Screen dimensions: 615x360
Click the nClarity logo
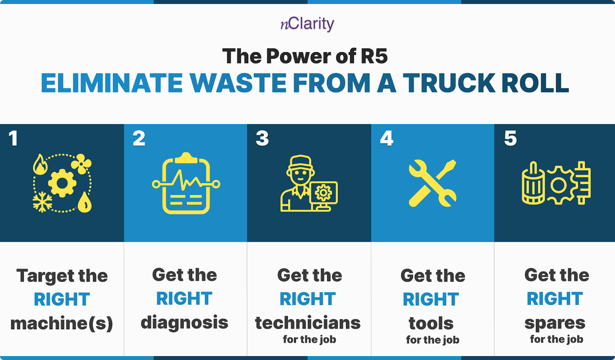coord(307,24)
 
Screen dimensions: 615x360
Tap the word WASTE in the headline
coord(238,83)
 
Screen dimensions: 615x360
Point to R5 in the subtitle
coord(374,56)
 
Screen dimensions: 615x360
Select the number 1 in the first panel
coord(13,139)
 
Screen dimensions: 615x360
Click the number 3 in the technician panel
coord(262,139)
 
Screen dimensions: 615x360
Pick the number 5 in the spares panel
coord(510,139)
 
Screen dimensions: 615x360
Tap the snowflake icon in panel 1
coord(42,202)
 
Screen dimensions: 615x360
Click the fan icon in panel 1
coord(81,164)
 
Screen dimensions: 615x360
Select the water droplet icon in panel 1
coord(85,202)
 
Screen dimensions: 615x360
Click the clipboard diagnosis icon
coord(186,183)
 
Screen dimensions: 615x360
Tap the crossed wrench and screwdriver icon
coord(432,183)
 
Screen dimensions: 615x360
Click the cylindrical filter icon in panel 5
coord(533,184)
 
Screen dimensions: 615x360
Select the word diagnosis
coord(184,323)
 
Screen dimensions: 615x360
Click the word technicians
coord(308,323)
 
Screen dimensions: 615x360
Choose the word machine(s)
coord(61,324)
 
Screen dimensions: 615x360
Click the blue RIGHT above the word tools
coord(431,300)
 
